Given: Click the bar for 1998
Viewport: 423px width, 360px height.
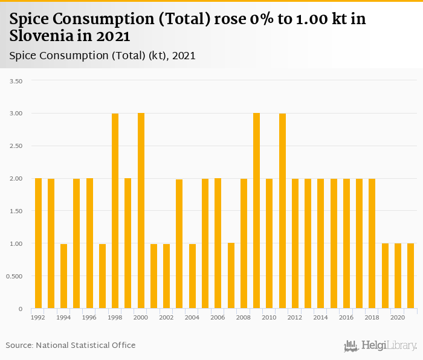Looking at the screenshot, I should [x=115, y=211].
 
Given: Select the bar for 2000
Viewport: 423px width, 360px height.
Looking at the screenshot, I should [x=141, y=211].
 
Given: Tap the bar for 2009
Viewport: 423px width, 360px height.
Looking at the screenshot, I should [x=256, y=211].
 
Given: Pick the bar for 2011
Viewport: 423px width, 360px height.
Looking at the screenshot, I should [x=282, y=211].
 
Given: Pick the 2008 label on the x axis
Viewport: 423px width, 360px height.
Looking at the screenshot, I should [x=244, y=317].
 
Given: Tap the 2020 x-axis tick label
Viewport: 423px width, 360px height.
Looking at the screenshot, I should [x=398, y=317].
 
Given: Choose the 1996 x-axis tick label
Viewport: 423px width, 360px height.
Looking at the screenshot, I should [x=89, y=317].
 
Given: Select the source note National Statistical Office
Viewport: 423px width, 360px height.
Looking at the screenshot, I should [x=86, y=346].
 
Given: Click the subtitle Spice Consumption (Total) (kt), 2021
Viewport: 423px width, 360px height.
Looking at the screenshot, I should [x=103, y=56].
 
